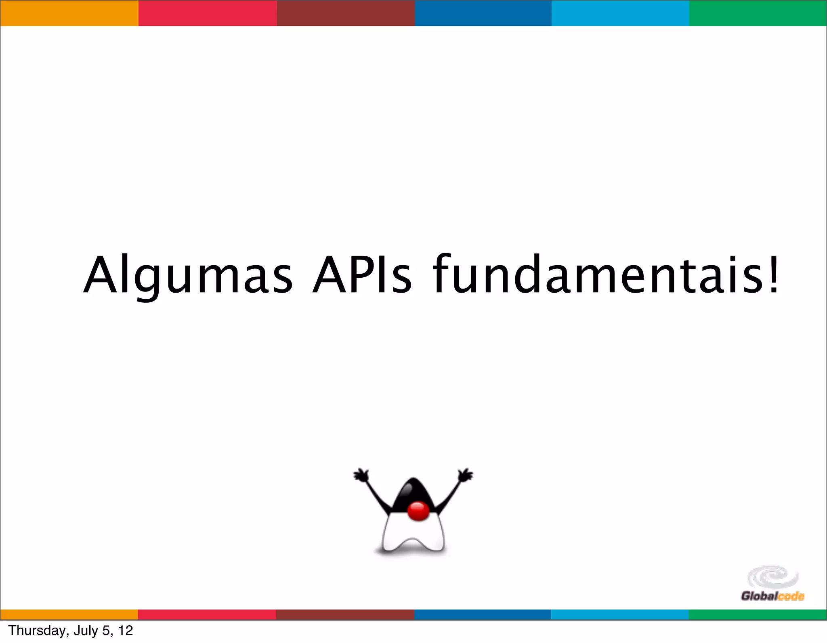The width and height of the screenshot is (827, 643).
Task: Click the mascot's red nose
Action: [x=418, y=511]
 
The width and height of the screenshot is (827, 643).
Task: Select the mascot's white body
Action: [x=413, y=533]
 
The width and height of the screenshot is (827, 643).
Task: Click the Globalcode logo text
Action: [x=772, y=596]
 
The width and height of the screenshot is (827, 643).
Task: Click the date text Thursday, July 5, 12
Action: [x=71, y=630]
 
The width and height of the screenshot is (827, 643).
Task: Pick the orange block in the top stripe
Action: [x=69, y=13]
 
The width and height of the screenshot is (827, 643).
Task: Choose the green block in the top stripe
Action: [x=758, y=13]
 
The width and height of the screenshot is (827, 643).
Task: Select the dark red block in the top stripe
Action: [x=346, y=13]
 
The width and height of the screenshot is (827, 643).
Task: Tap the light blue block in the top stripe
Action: [x=620, y=13]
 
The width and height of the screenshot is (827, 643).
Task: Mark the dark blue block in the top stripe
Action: [x=483, y=13]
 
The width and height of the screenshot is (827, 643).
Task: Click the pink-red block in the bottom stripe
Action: [x=207, y=614]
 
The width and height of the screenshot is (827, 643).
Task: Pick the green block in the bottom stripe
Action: [x=758, y=614]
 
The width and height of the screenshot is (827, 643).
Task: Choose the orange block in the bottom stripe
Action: [x=69, y=614]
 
